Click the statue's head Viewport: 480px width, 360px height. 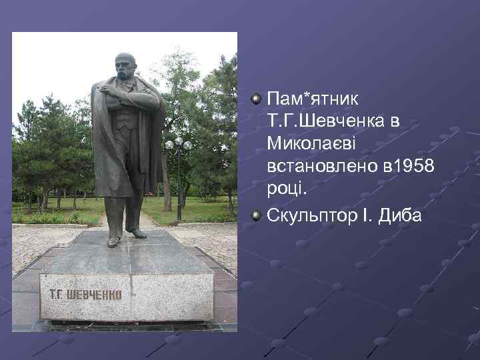click(x=125, y=66)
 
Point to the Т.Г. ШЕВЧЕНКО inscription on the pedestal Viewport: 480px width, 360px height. click(x=85, y=294)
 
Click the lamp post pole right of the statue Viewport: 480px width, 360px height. click(x=179, y=187)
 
